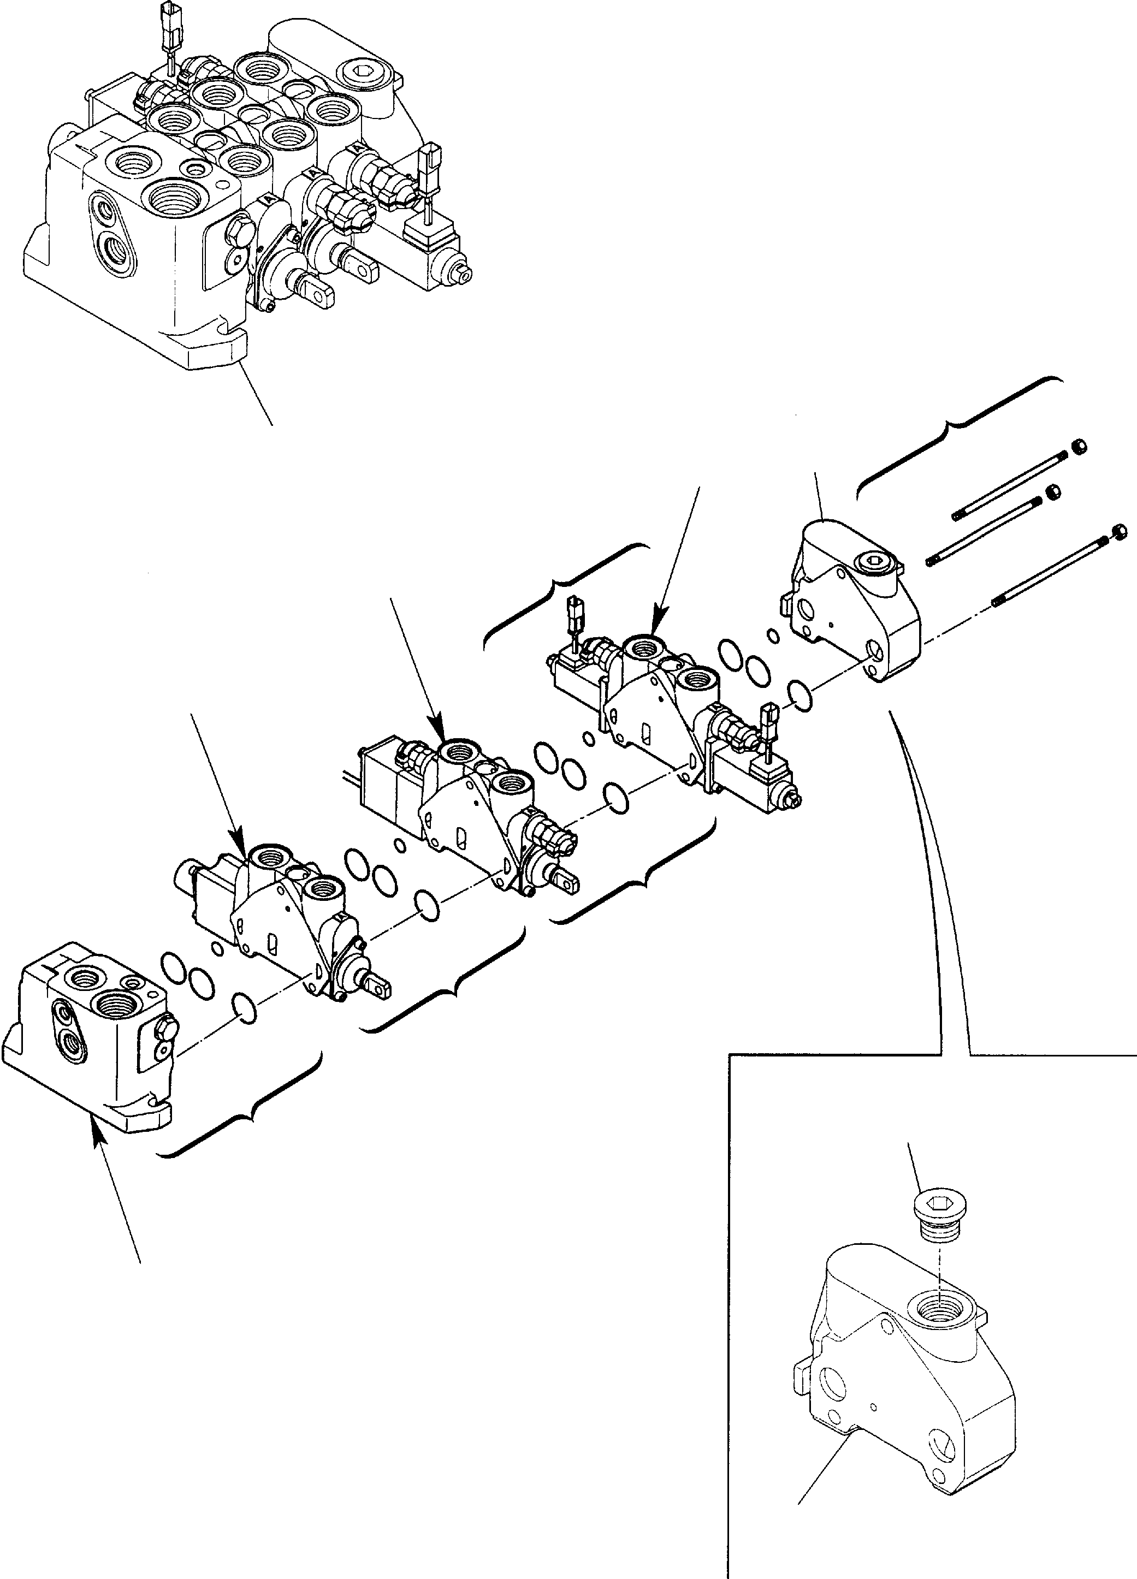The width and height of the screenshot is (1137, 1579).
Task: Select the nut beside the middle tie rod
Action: tap(1053, 491)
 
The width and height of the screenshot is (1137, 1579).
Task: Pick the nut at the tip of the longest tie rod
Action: tap(1120, 532)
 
